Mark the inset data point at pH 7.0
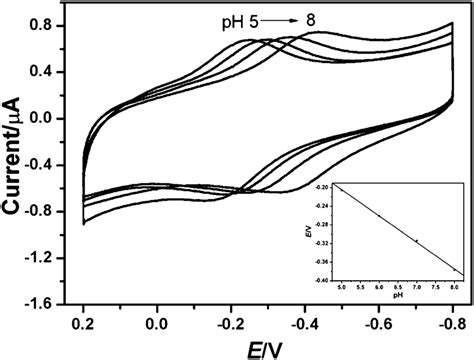pyautogui.click(x=416, y=241)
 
